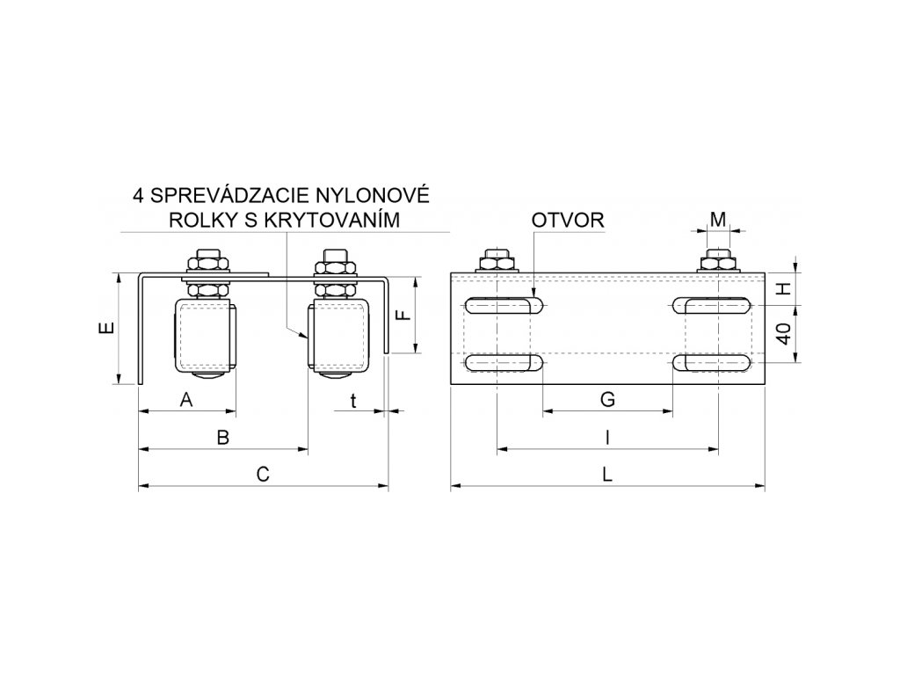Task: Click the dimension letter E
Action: point(105,329)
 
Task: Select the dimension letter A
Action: point(185,400)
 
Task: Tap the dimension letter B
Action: point(223,438)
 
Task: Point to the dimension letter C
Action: point(262,475)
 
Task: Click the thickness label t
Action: point(352,400)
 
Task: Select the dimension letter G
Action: point(606,400)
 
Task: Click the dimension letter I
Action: point(606,437)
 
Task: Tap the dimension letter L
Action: point(607,475)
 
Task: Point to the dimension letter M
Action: point(718,218)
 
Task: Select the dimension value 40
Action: point(786,333)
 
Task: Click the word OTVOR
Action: point(567,219)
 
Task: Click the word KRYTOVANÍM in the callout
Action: point(337,219)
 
